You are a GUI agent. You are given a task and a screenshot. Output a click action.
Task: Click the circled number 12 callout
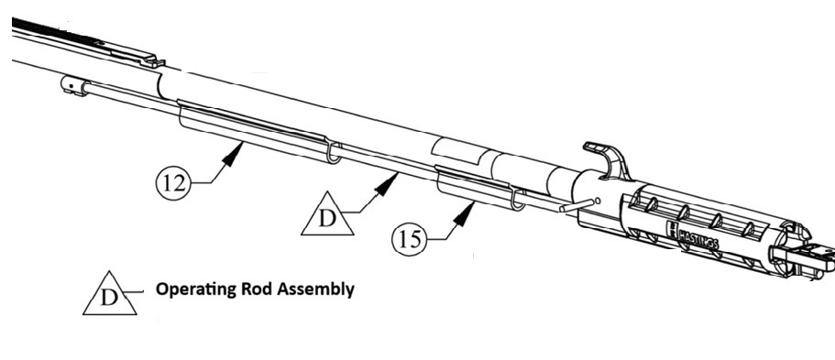click(173, 183)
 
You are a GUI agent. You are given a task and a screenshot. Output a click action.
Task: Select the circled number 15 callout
click(410, 239)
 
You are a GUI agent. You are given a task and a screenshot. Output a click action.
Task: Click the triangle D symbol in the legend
click(109, 294)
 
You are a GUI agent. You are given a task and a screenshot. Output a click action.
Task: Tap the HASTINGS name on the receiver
click(698, 237)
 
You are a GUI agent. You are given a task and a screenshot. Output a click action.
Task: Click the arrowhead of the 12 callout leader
click(232, 152)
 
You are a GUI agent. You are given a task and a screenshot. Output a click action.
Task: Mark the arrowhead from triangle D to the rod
click(387, 184)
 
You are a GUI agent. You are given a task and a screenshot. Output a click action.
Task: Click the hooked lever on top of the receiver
click(607, 158)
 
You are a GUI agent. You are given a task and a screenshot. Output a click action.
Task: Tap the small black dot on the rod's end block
click(71, 85)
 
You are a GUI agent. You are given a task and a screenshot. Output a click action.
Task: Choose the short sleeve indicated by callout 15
click(480, 189)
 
